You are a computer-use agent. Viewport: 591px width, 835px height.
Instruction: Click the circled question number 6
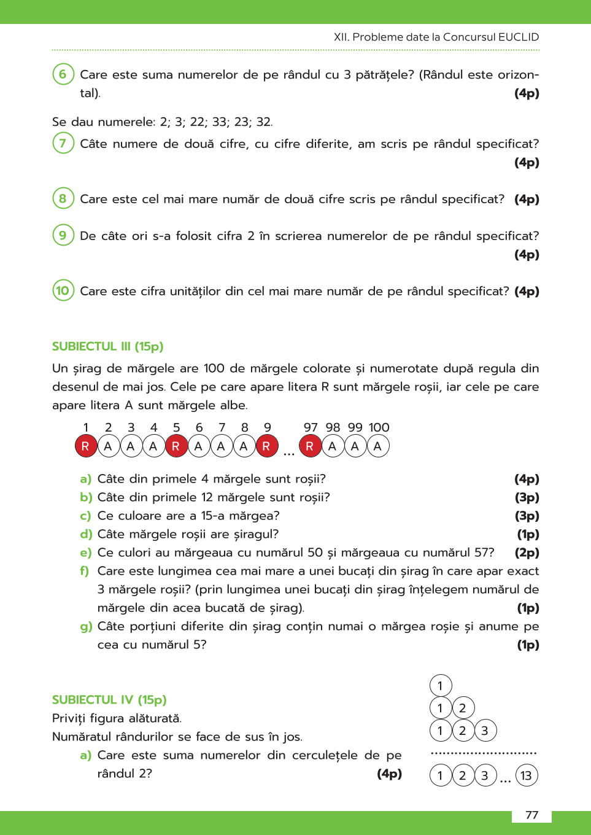[63, 74]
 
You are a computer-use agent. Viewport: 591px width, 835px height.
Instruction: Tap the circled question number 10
[63, 290]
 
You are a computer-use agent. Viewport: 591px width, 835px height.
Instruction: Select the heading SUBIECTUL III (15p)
[107, 346]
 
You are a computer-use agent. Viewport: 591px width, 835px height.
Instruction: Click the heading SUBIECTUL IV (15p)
[109, 700]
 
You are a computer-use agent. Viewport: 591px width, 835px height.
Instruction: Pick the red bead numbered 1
[85, 446]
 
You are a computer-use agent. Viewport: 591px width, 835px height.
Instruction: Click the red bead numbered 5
[176, 446]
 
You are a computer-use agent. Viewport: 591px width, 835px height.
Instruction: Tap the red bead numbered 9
[266, 446]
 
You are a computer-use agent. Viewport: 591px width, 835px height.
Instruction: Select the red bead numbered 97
[310, 446]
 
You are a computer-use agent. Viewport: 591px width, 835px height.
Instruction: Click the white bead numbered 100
[377, 446]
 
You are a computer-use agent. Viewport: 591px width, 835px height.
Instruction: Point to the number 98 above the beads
[333, 427]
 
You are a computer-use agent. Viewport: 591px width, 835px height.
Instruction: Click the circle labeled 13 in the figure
[526, 775]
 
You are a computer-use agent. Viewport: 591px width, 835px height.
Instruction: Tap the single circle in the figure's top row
[440, 686]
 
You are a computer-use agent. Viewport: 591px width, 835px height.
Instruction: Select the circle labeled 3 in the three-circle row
[485, 731]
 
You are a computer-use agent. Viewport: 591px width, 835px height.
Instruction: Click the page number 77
[531, 815]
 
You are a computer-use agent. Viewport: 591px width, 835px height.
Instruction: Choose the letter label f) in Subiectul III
[85, 571]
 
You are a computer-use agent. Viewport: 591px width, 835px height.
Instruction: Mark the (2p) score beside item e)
[527, 553]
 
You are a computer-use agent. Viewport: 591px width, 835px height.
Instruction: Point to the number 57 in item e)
[481, 553]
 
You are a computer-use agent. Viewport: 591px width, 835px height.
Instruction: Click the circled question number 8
[63, 198]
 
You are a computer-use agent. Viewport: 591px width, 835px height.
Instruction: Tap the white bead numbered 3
[131, 446]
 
